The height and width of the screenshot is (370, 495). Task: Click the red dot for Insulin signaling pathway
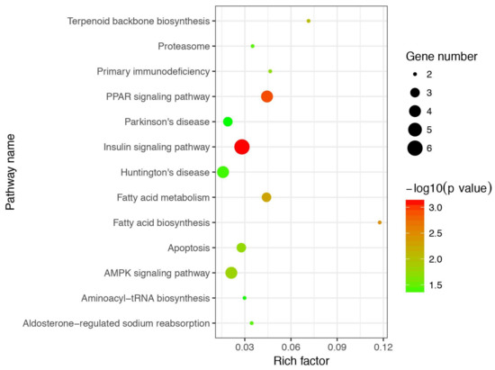241,147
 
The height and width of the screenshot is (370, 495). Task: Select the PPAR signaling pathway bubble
266,96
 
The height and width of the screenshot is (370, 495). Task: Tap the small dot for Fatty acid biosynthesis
380,222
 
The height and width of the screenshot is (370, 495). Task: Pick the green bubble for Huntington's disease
223,172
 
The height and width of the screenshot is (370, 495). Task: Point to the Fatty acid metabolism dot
266,197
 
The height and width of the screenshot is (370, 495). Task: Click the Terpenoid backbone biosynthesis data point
309,21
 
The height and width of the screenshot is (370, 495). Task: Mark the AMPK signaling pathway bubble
231,273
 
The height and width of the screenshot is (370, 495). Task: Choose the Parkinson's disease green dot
228,122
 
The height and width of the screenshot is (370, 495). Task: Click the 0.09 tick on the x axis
337,345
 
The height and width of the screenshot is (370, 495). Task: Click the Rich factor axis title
301,360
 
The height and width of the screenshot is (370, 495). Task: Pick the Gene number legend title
442,55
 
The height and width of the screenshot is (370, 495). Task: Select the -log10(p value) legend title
447,188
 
